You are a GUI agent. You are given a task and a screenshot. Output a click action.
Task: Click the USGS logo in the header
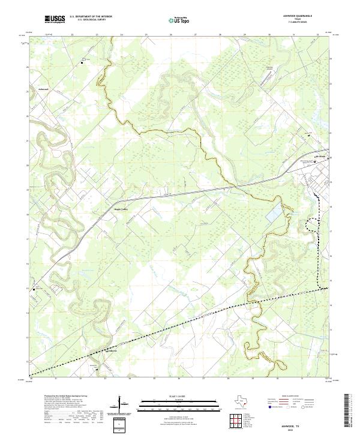pos(55,19)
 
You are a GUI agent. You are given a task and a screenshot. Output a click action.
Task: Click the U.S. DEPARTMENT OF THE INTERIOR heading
pos(91,17)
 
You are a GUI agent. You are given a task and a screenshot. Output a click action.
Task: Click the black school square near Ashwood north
pos(83,61)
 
